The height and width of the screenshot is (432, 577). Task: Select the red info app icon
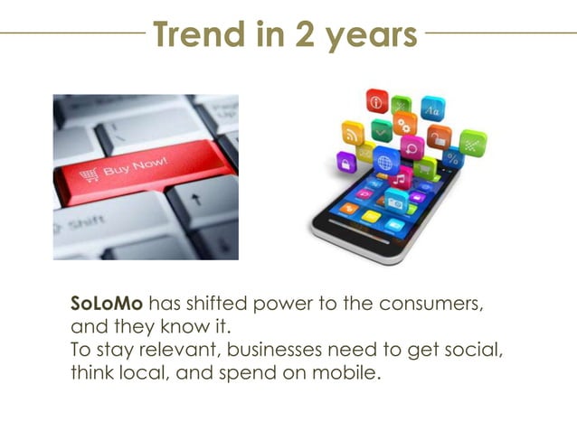pos(376,99)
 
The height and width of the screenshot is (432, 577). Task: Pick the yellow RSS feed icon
pos(353,134)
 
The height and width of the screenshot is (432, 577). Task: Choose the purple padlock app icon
pos(346,162)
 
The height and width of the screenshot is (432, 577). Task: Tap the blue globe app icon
pos(385,163)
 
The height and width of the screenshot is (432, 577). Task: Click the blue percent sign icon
pos(452,159)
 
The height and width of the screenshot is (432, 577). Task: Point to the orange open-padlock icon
pos(440,137)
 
